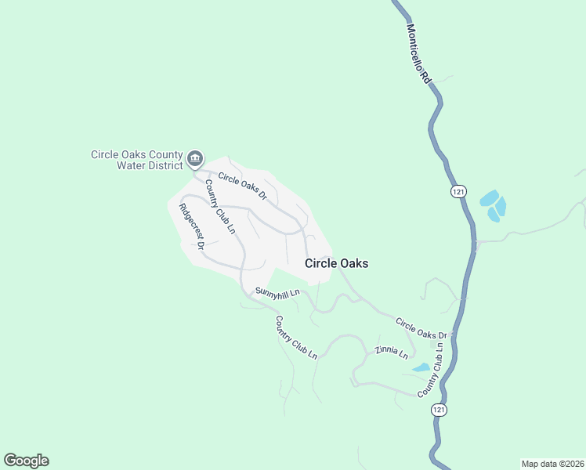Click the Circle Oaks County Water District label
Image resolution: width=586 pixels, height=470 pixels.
pyautogui.click(x=137, y=160)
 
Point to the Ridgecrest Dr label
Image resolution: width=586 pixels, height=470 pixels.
pyautogui.click(x=192, y=227)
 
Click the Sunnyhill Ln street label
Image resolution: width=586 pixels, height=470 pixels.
pyautogui.click(x=278, y=293)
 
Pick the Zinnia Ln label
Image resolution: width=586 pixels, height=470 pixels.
pyautogui.click(x=392, y=352)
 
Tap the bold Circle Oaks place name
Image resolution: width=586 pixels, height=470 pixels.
pyautogui.click(x=336, y=264)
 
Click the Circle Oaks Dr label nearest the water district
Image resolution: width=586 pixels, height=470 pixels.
pyautogui.click(x=243, y=186)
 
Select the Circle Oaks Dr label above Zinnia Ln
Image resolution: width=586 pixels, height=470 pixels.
pyautogui.click(x=421, y=328)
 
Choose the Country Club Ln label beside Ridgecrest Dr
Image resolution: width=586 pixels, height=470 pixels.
pyautogui.click(x=220, y=206)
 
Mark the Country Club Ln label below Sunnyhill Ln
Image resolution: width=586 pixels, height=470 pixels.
pyautogui.click(x=296, y=338)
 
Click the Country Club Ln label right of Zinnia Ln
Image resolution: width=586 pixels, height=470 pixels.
pyautogui.click(x=436, y=370)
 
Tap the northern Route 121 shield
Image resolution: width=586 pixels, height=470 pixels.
pyautogui.click(x=458, y=191)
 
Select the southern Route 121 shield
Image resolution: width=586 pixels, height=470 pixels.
pyautogui.click(x=439, y=410)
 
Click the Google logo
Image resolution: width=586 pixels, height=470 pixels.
pyautogui.click(x=26, y=461)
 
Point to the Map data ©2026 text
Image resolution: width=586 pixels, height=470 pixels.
pyautogui.click(x=552, y=463)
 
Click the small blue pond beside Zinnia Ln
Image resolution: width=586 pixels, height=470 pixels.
pyautogui.click(x=421, y=367)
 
